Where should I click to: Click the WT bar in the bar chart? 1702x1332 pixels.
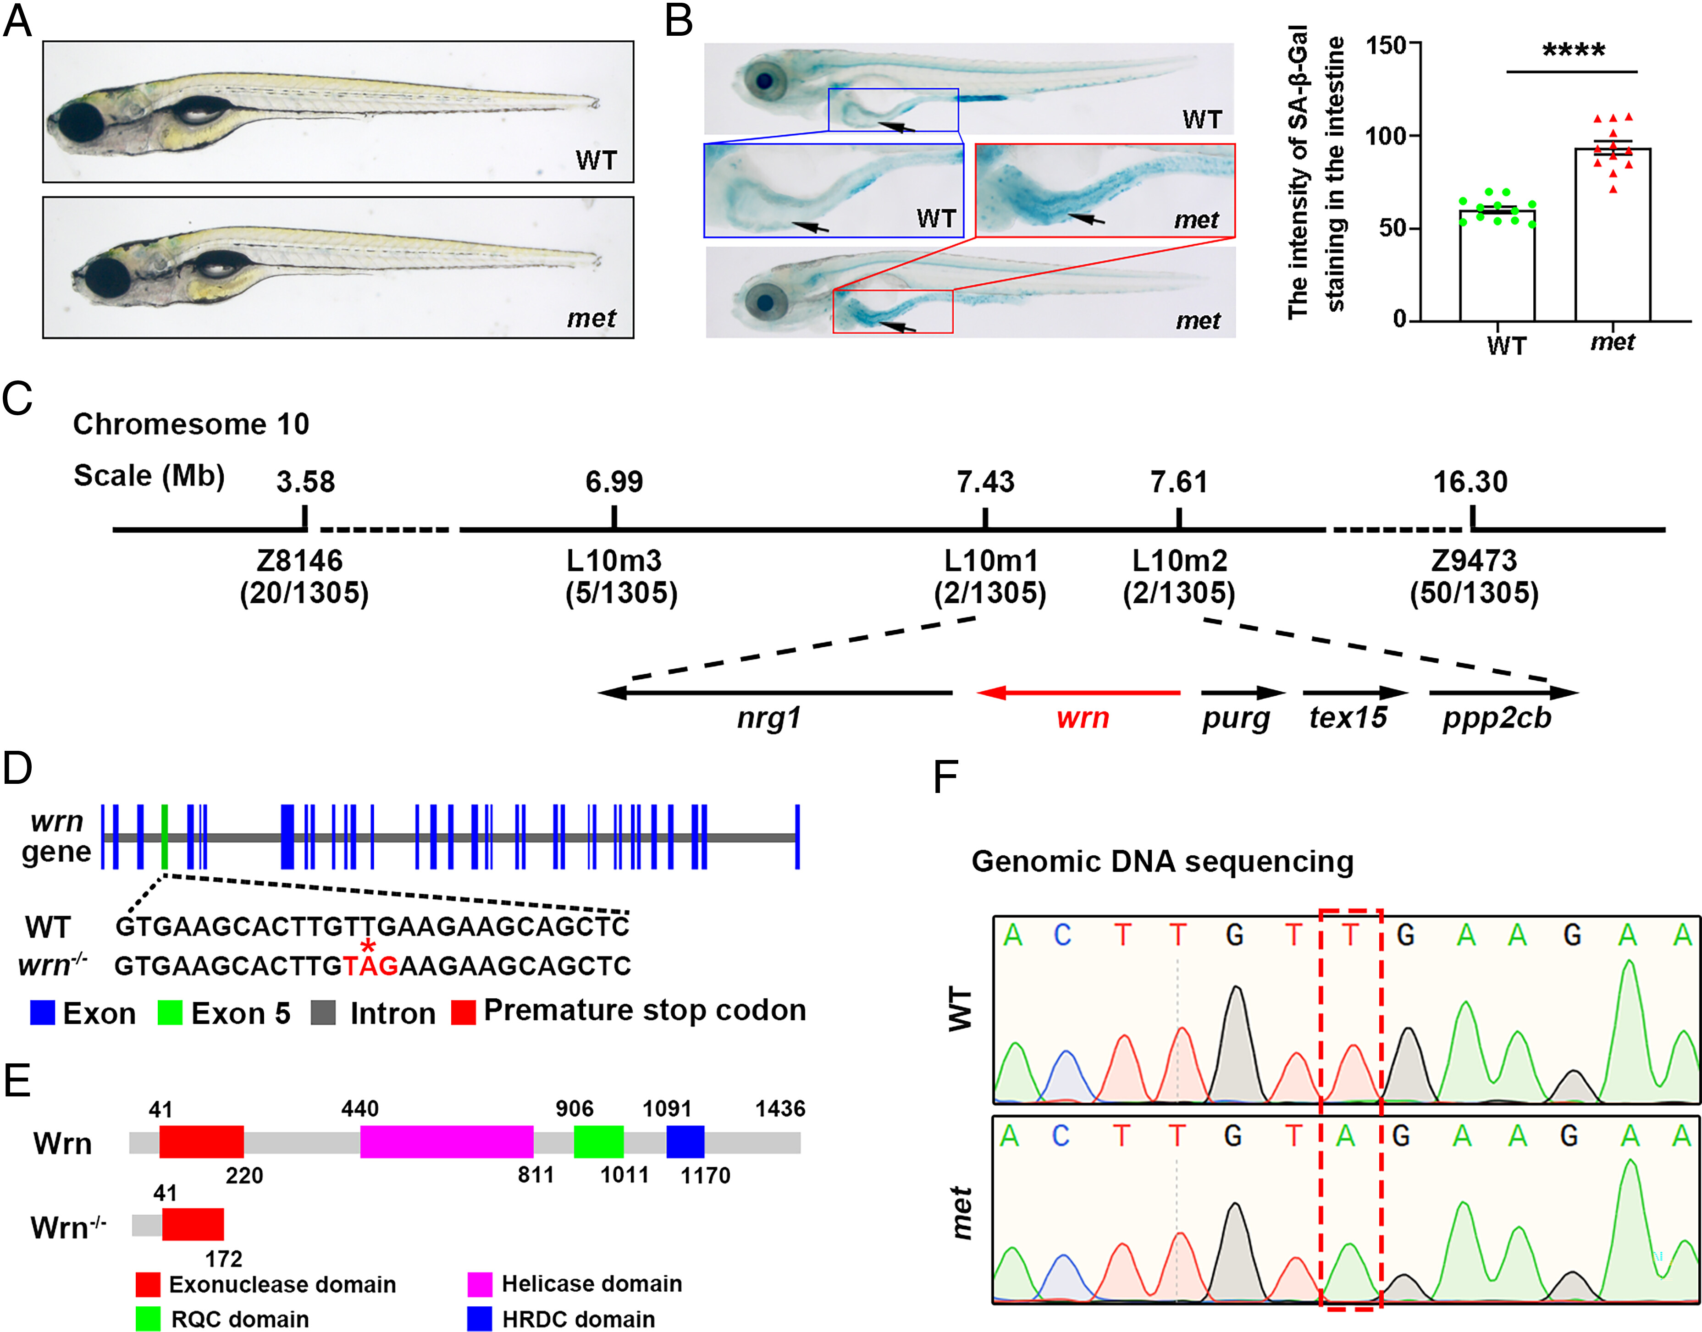[x=1497, y=265]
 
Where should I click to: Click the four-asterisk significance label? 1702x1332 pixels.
[x=1573, y=51]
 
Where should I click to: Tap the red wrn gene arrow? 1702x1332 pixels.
[x=1078, y=692]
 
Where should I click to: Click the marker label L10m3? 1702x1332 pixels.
[x=614, y=561]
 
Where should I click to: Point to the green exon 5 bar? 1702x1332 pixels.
[x=165, y=837]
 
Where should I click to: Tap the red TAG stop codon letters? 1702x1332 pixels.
[x=370, y=966]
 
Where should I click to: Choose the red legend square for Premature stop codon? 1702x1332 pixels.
[x=464, y=1012]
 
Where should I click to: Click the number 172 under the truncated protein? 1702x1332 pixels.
[x=224, y=1259]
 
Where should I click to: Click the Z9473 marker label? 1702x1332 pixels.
[x=1474, y=561]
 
